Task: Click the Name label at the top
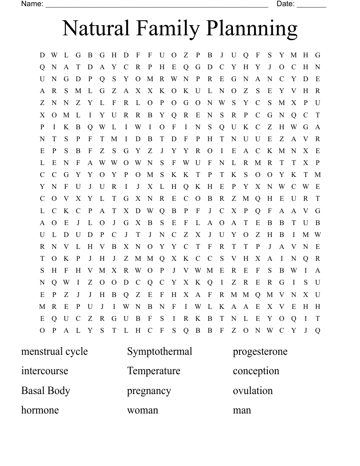point(32,4)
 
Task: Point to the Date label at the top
point(285,4)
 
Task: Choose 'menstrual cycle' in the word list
point(54,352)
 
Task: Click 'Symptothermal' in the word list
point(160,352)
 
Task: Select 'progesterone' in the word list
point(260,352)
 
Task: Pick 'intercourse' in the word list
point(45,371)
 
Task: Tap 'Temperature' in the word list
point(154,371)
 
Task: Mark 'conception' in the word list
point(256,371)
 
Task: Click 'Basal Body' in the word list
point(45,391)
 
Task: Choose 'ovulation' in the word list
point(253,391)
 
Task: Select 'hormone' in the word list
point(40,410)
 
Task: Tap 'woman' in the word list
point(142,410)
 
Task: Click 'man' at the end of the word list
point(242,410)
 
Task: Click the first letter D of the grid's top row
point(42,55)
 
